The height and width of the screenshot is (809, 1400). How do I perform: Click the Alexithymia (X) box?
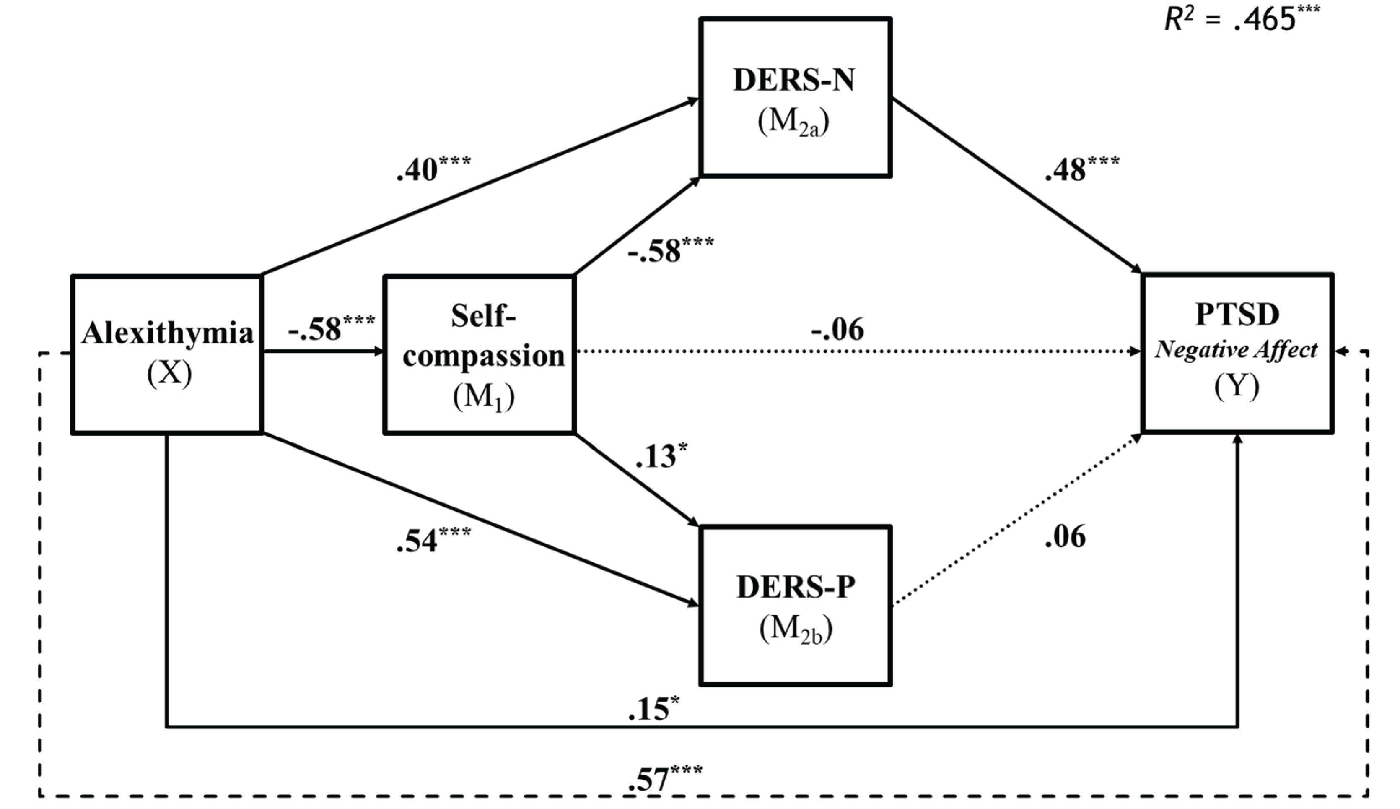[166, 354]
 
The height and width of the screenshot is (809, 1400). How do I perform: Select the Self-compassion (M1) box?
[479, 354]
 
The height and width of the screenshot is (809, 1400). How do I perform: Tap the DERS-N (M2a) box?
[795, 98]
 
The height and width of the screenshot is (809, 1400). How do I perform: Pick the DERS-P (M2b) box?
[795, 606]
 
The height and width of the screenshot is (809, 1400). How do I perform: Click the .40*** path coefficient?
[432, 169]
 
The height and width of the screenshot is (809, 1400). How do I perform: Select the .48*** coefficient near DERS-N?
[1081, 169]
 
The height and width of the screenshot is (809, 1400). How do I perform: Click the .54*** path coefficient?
[432, 541]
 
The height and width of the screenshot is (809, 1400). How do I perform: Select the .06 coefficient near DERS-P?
[1065, 537]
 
